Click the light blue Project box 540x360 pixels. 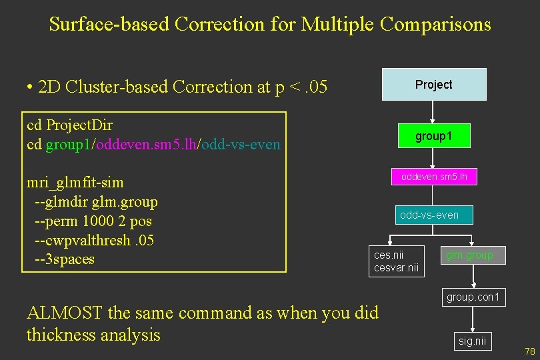433,85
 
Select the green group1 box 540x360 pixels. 433,136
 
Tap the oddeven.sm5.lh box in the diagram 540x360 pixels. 434,177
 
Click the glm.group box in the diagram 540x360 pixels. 469,255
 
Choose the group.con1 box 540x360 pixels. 473,297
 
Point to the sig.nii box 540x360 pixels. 473,341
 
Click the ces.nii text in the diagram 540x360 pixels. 389,255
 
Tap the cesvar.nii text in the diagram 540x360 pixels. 396,267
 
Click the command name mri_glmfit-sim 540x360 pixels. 75,183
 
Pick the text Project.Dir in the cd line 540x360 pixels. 78,125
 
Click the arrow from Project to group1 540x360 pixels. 433,112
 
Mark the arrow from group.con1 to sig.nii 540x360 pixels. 473,319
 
